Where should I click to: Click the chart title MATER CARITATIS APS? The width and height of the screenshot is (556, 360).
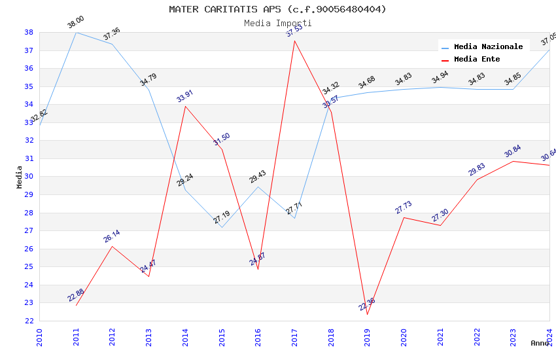click(277, 9)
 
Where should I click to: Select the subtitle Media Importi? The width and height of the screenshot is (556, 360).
click(277, 24)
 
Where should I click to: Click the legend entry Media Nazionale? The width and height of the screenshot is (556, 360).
click(488, 47)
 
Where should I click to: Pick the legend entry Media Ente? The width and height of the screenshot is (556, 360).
click(477, 60)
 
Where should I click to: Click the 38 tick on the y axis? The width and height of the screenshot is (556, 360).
click(29, 33)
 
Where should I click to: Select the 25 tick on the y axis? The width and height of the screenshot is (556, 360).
click(29, 267)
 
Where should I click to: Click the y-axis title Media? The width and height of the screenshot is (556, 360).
click(20, 177)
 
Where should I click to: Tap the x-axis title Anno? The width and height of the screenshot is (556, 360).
click(540, 343)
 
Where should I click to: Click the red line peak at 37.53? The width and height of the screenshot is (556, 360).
click(294, 41)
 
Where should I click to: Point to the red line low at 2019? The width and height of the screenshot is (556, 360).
click(368, 314)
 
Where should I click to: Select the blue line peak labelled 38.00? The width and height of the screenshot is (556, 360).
click(77, 33)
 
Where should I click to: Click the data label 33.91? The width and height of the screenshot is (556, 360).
click(185, 95)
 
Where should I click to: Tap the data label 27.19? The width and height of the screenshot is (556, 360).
click(222, 217)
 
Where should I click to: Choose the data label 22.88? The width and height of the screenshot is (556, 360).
click(76, 295)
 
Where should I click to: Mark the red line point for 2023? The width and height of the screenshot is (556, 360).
click(513, 161)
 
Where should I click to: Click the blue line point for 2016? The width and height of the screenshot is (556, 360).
click(258, 187)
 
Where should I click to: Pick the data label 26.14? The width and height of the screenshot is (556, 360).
click(112, 236)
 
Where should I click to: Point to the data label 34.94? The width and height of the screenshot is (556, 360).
click(440, 77)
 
